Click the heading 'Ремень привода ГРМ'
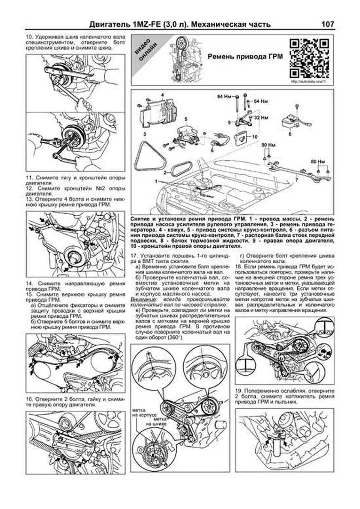coord(245,57)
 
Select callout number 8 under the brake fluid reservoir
coord(290,134)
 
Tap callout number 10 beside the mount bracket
coord(255,136)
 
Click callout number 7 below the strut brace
coord(296,180)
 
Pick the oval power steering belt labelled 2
coord(181,169)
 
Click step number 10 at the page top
coord(29,37)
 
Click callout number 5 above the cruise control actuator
coord(186,119)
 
